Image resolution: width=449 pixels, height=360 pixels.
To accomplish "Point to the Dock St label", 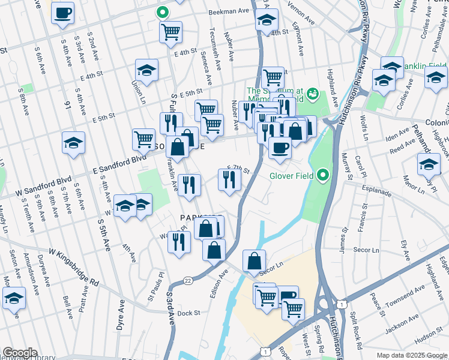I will coord(188,313).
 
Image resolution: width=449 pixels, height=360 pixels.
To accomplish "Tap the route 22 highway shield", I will coord(188,281).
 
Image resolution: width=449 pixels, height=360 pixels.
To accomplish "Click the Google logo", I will coord(20,353).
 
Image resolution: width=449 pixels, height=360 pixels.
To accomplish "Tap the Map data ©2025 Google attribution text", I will coord(412,355).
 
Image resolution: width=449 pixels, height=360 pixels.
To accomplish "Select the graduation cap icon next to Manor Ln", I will coord(429,164).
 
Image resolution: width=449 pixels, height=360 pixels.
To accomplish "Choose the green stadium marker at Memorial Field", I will coord(312,94).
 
